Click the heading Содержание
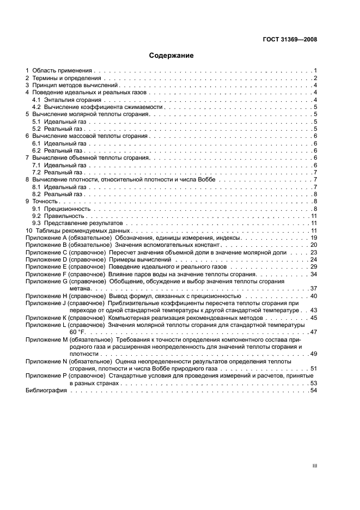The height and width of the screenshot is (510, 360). coord(171,56)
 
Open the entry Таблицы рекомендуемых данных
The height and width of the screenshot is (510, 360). coord(78,231)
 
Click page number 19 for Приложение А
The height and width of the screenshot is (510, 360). coord(314,238)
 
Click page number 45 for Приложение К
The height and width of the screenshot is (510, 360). coord(314,317)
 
